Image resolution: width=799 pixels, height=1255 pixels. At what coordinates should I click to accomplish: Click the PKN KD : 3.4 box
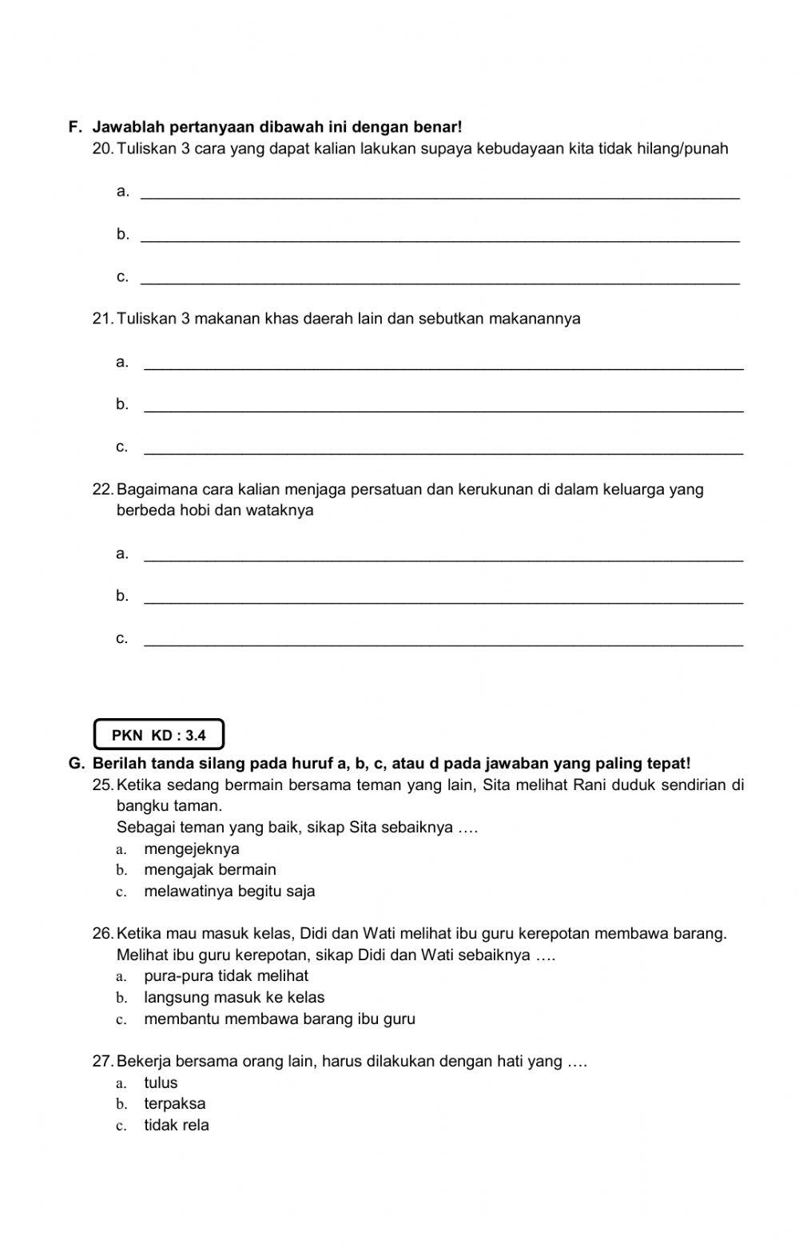tap(159, 735)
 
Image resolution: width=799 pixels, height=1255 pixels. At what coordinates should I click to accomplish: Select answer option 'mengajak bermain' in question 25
tap(209, 869)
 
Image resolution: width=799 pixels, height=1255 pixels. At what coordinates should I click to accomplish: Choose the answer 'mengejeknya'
tap(191, 848)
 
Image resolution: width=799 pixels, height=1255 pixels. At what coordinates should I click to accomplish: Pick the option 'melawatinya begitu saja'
tap(229, 891)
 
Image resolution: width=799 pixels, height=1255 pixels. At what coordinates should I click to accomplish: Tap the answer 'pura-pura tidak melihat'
tap(225, 975)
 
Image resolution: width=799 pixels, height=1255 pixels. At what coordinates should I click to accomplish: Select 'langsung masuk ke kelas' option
tap(233, 997)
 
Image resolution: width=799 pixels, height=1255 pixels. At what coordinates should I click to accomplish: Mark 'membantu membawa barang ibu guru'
tap(279, 1019)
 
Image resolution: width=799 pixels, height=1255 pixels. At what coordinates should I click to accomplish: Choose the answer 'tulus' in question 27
tap(161, 1082)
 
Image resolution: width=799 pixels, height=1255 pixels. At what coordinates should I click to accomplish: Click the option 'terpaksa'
tap(174, 1103)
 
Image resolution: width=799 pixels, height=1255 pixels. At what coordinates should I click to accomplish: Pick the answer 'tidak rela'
tap(176, 1125)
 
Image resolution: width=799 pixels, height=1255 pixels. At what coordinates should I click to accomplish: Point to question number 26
tap(103, 933)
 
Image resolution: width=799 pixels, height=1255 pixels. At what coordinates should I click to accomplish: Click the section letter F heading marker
tap(75, 127)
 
